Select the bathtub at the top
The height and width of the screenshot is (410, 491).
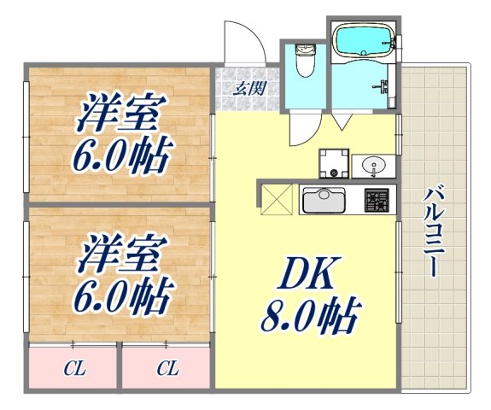[363, 41]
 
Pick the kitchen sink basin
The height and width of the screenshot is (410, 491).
[322, 202]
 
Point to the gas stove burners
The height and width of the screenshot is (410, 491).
[377, 202]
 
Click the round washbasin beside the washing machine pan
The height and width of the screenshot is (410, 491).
[374, 164]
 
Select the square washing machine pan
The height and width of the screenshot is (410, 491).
[334, 163]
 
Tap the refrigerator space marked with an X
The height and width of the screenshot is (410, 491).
[276, 201]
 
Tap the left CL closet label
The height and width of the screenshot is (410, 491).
[75, 370]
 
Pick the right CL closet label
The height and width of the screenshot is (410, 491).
[167, 370]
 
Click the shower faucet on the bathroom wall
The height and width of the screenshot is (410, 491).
[383, 86]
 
